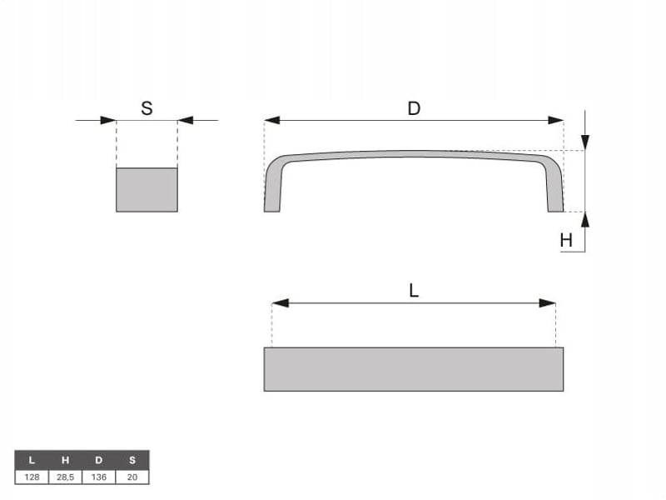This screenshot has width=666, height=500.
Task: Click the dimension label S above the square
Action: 147,108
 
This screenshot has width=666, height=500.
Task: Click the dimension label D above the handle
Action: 414,109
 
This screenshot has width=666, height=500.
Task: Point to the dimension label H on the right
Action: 566,241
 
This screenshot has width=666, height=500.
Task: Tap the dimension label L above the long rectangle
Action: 414,291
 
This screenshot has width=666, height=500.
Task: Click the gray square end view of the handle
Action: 147,190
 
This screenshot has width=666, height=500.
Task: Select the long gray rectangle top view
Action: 414,369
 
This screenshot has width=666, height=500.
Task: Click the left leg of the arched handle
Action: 273,187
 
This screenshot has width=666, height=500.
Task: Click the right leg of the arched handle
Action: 554,187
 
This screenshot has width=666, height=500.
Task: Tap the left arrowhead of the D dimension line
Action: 272,120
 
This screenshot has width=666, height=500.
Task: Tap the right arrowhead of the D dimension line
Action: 555,120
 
